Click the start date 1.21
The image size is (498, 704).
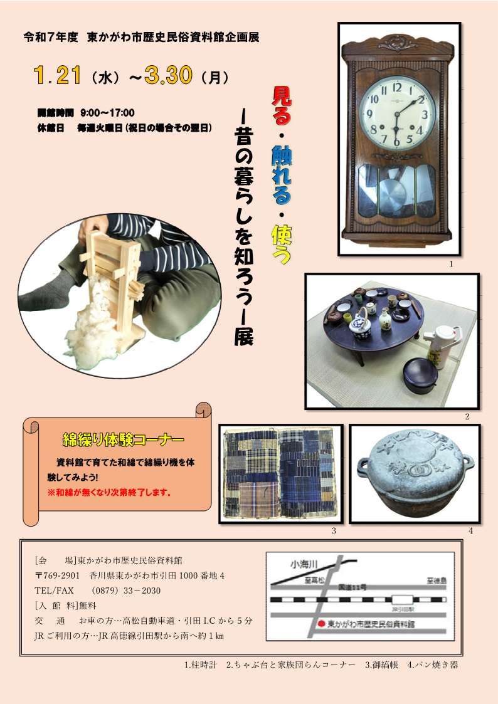coord(58,76)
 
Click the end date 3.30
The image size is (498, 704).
coord(167,76)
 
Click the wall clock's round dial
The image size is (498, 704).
coord(396,113)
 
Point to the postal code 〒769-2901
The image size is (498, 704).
coord(57,575)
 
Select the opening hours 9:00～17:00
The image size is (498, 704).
coord(107,113)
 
